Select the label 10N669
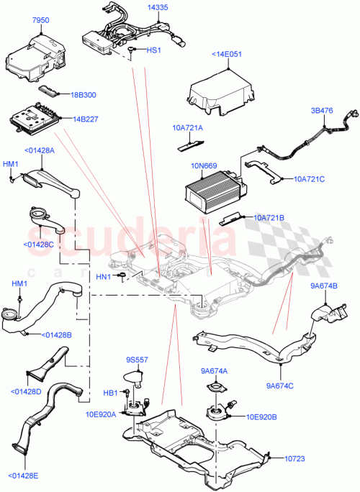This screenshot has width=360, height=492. pos(203,166)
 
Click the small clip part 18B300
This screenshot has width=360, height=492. pos(49,89)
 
